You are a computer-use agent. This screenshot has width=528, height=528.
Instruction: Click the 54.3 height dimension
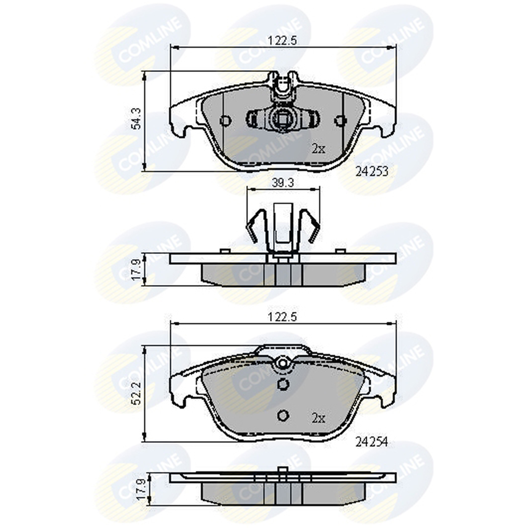137,119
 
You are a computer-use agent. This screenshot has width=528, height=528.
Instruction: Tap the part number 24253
372,172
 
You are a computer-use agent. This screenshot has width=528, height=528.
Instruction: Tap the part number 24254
372,442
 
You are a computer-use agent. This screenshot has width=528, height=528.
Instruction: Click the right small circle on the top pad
340,120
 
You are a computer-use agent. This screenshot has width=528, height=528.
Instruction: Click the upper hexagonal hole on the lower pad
282,384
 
